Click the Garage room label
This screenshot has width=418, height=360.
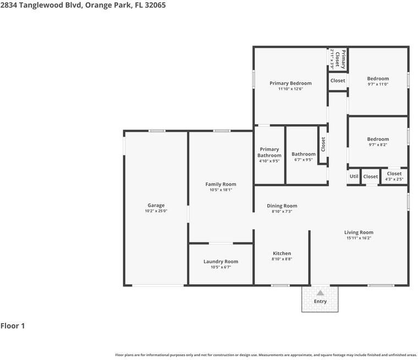tap(156, 206)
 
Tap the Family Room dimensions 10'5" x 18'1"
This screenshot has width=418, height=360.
tap(221, 190)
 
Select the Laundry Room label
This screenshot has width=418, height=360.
tap(221, 262)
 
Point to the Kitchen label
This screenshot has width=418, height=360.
tap(282, 253)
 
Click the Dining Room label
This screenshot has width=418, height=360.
tap(282, 206)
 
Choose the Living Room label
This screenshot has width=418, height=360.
tap(359, 232)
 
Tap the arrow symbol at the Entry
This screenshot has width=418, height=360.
tap(320, 293)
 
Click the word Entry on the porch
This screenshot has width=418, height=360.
tap(320, 301)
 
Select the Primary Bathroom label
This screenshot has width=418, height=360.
tap(269, 152)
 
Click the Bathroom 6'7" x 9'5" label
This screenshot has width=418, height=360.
tap(304, 154)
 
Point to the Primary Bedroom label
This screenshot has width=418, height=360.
tap(290, 84)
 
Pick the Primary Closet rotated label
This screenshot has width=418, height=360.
tap(343, 59)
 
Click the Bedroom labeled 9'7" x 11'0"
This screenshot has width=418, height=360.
tap(378, 79)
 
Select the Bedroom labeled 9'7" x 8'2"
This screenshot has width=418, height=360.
tap(378, 139)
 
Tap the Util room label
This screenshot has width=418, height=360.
tap(354, 176)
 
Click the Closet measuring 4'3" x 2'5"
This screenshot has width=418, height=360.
tap(394, 174)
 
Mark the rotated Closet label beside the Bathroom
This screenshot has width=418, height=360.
tap(323, 144)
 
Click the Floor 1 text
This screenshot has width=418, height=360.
tap(13, 326)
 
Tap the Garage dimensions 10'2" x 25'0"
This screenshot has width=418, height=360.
tap(156, 211)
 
